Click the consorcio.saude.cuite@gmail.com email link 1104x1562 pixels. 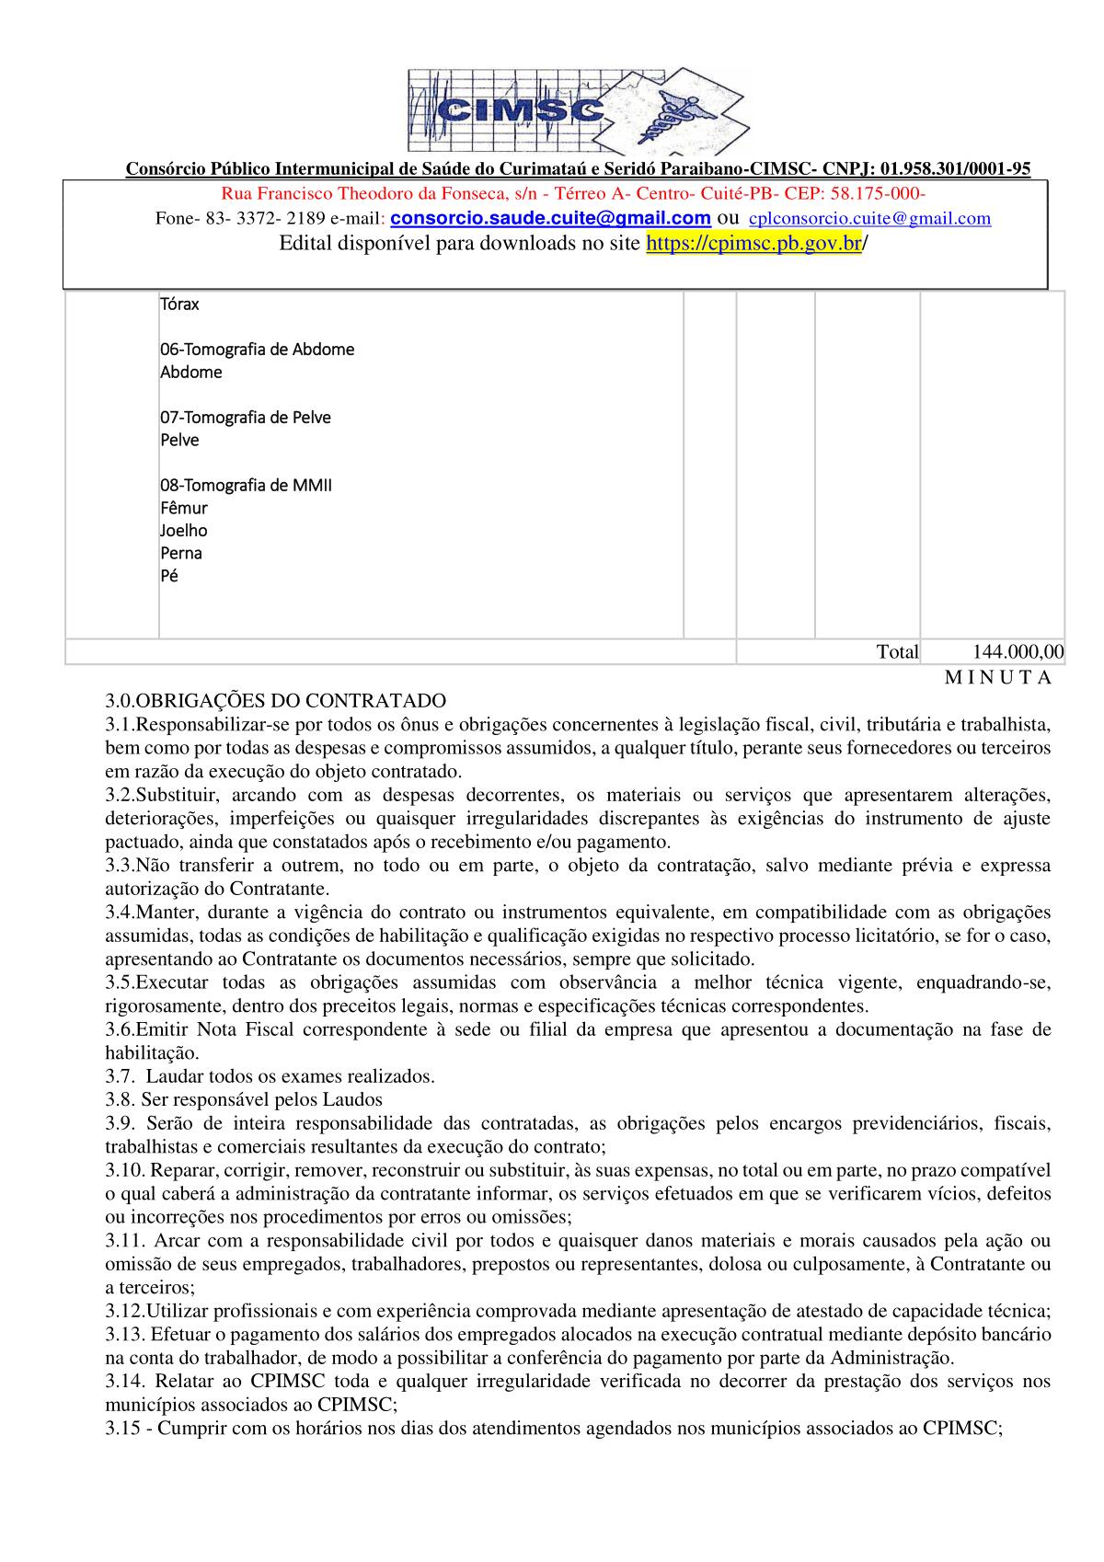pyautogui.click(x=551, y=218)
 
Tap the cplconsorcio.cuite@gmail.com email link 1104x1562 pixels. pyautogui.click(x=870, y=219)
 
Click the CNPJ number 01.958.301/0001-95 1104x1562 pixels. pyautogui.click(x=955, y=169)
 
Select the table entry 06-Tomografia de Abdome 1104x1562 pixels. pyautogui.click(x=257, y=350)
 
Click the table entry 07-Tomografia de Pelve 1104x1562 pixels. pyautogui.click(x=246, y=418)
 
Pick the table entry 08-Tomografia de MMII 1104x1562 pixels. pyautogui.click(x=246, y=486)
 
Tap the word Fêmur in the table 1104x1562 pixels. pyautogui.click(x=184, y=508)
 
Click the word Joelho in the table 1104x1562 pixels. pyautogui.click(x=184, y=531)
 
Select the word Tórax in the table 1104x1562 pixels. pyautogui.click(x=179, y=304)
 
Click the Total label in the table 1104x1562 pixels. pyautogui.click(x=897, y=652)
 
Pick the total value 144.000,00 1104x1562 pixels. pyautogui.click(x=1018, y=652)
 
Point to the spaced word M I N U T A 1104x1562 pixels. pyautogui.click(x=997, y=678)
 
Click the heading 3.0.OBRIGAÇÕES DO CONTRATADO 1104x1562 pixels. pyautogui.click(x=275, y=700)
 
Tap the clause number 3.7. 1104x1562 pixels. pyautogui.click(x=120, y=1076)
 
